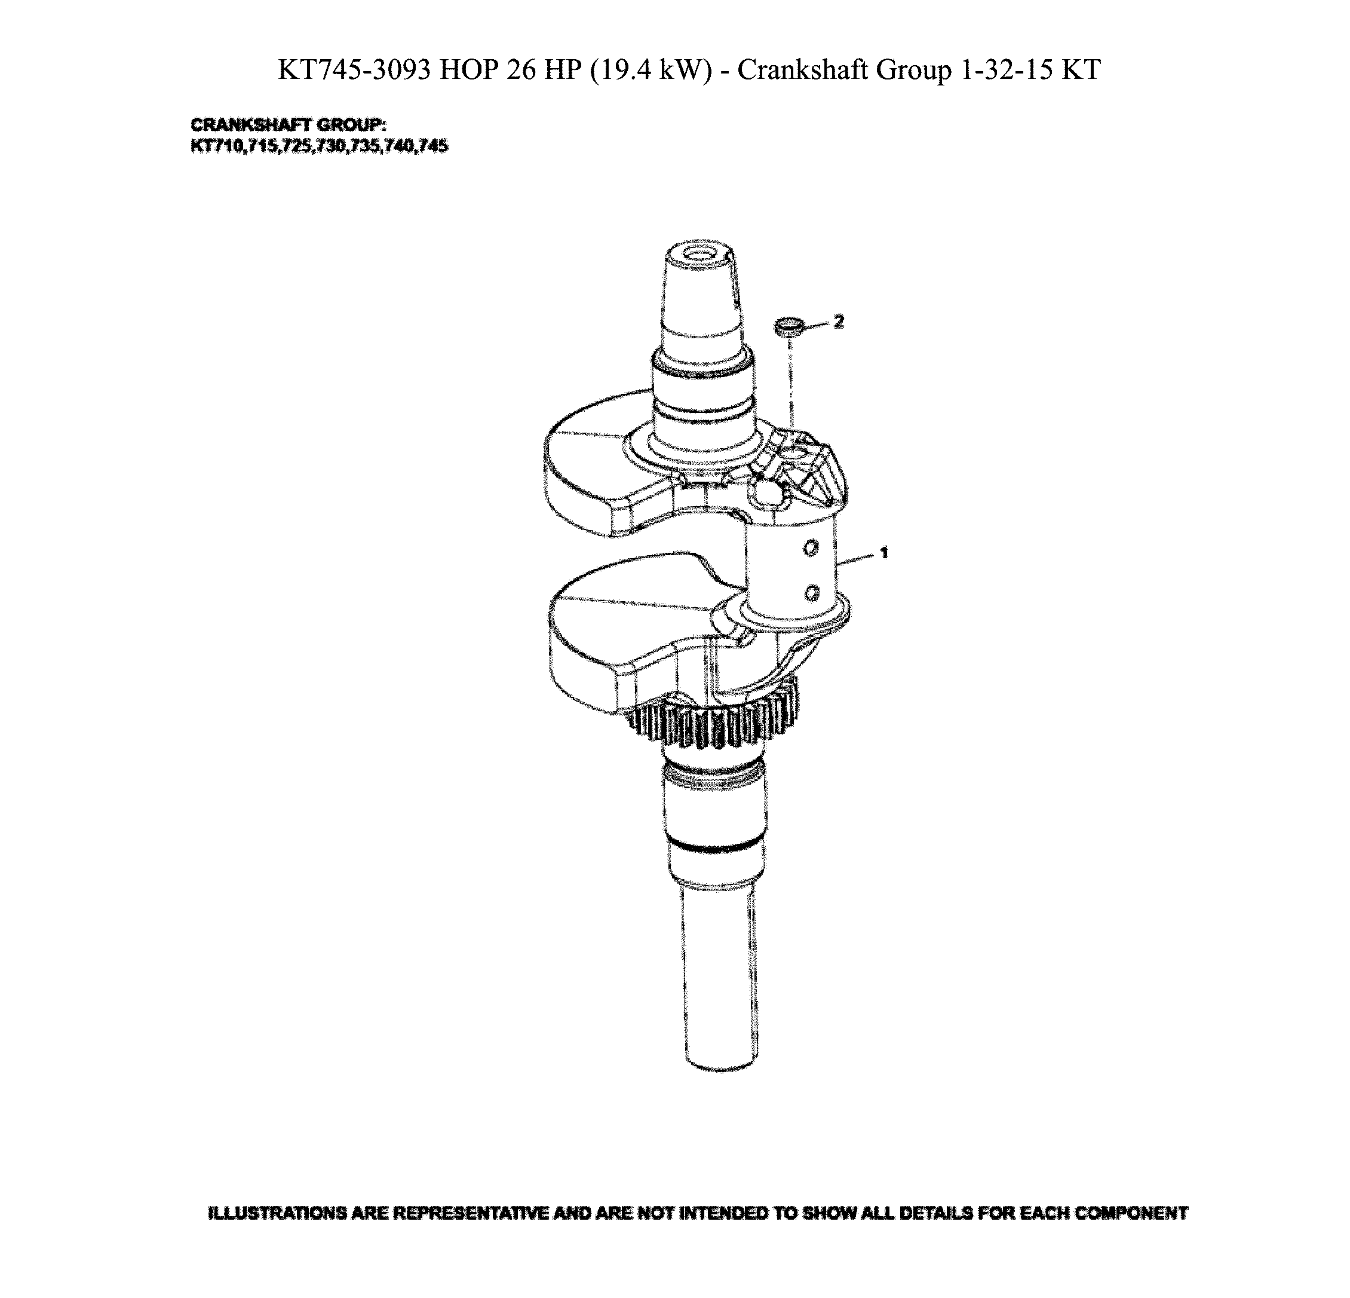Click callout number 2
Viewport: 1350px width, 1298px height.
(838, 321)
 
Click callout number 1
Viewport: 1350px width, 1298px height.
(883, 553)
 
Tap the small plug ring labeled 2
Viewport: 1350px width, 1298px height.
(788, 326)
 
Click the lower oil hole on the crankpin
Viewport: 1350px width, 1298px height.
(813, 592)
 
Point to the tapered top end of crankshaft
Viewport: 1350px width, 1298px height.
(701, 296)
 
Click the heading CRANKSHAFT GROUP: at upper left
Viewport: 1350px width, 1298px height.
(288, 125)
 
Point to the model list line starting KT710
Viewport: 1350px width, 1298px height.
(319, 146)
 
